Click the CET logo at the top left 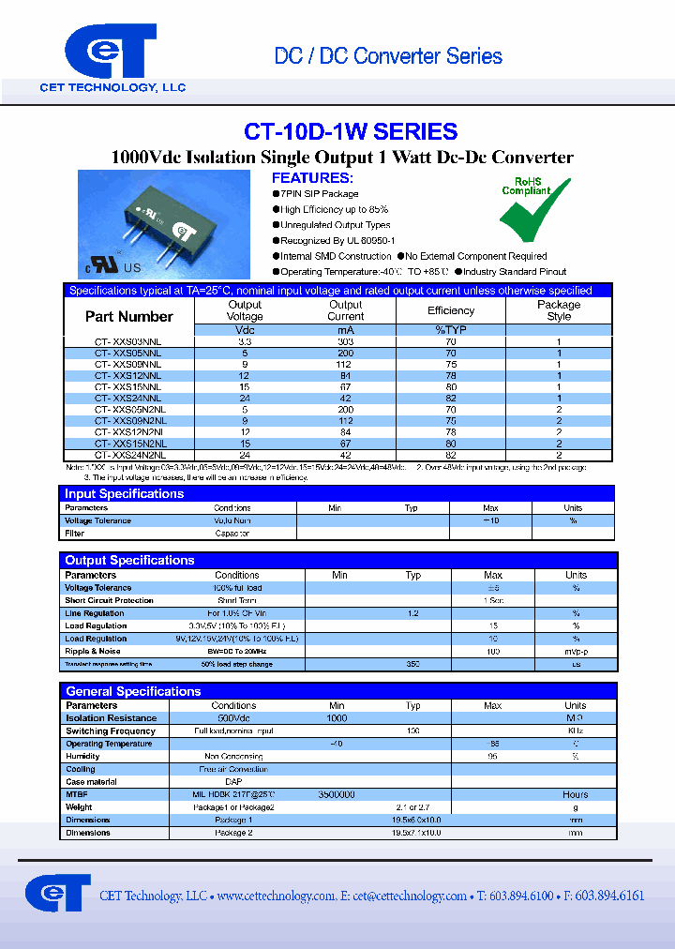[110, 54]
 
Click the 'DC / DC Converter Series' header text [388, 56]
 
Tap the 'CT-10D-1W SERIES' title [351, 131]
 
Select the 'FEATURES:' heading [312, 178]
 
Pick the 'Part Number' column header [129, 316]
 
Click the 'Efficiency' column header [451, 310]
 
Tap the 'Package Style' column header [559, 310]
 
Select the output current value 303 [346, 342]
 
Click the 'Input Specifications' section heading [125, 493]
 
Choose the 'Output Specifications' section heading [129, 560]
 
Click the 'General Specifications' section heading [133, 691]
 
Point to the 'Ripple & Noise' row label [93, 651]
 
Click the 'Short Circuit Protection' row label [109, 600]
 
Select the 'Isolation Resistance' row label [112, 718]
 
